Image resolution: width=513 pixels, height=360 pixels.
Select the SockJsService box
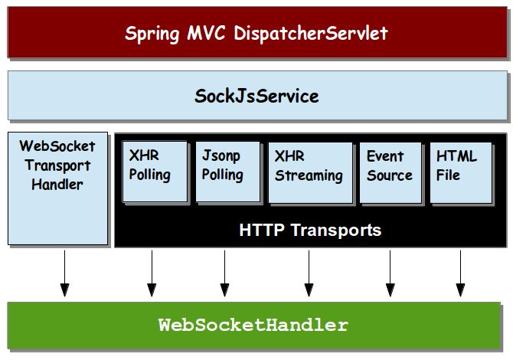(x=256, y=97)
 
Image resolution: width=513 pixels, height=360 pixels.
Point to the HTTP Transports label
(x=310, y=230)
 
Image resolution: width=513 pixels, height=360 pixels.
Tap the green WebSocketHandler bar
(x=256, y=326)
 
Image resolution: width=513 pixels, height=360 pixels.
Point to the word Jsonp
(x=221, y=156)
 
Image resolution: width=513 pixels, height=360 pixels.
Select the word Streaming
(x=309, y=175)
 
